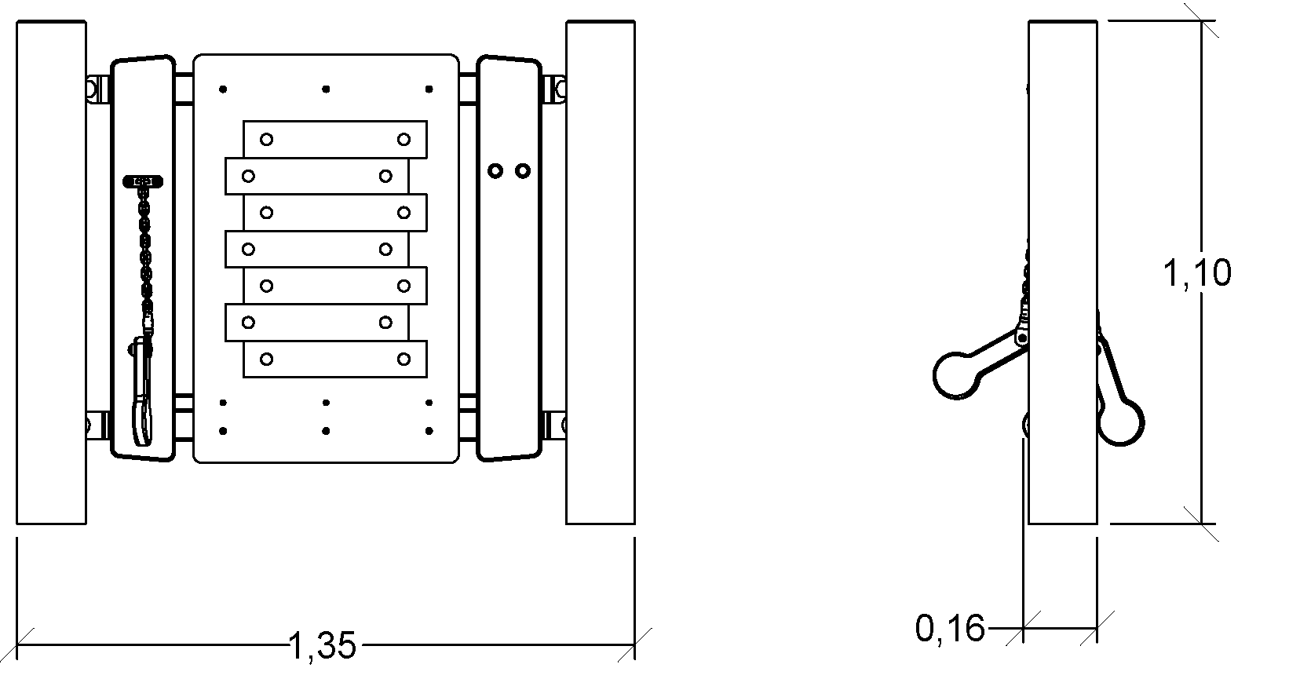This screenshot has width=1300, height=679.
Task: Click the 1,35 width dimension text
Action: (x=322, y=646)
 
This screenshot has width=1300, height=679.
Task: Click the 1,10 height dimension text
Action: (x=1196, y=272)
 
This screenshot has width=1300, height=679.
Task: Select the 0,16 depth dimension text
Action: (x=950, y=628)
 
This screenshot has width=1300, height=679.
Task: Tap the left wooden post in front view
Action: (x=52, y=272)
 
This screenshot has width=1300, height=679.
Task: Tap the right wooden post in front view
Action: (x=601, y=272)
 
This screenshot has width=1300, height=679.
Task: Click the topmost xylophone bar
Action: (x=335, y=139)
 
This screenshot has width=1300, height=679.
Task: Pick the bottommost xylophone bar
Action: (x=335, y=360)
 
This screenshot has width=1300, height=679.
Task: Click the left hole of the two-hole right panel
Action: (x=495, y=170)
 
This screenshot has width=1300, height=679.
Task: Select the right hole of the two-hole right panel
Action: (x=523, y=170)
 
